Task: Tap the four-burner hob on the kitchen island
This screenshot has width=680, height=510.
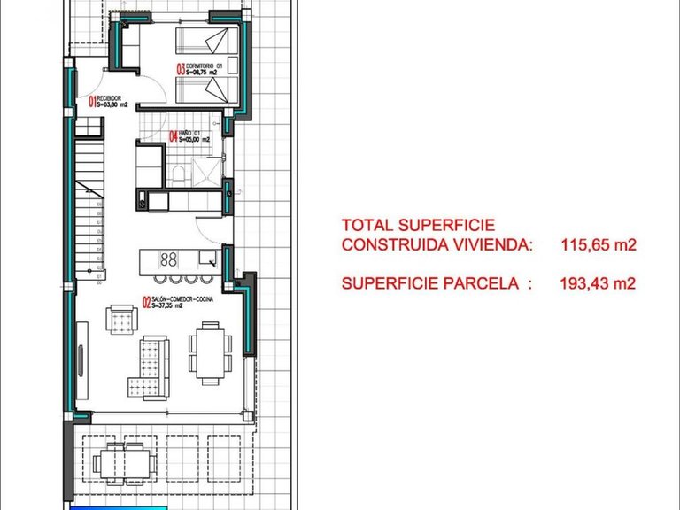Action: tap(168, 259)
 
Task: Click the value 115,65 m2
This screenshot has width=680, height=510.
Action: tap(599, 246)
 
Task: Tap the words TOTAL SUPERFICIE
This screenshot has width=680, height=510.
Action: tap(418, 226)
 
